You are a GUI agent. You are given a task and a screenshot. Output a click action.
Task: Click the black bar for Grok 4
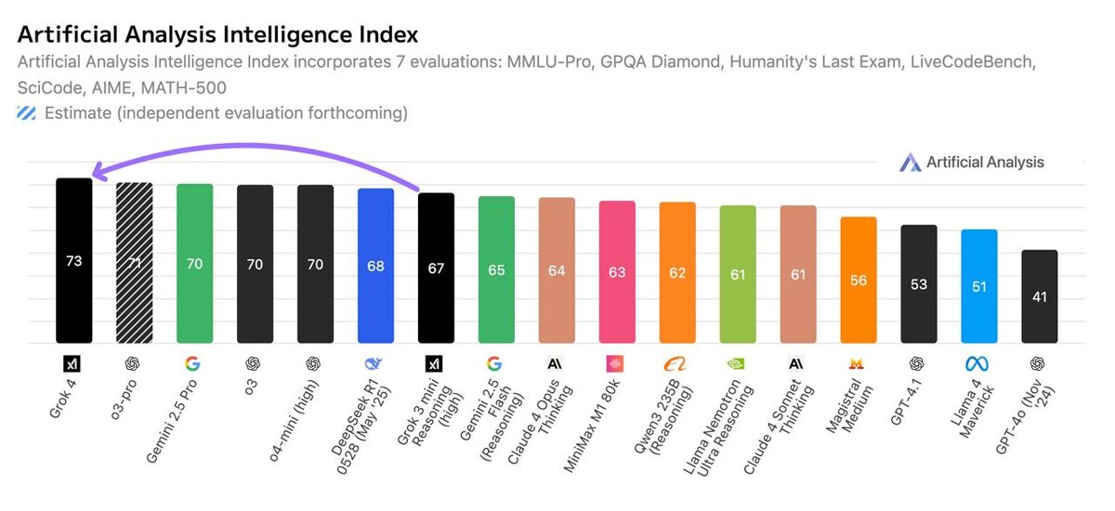tap(74, 260)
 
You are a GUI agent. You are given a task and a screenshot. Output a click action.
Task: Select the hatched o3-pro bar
tap(135, 263)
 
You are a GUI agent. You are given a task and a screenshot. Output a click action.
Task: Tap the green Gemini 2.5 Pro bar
tap(195, 263)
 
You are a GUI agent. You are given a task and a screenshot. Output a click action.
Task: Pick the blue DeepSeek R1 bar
tap(376, 266)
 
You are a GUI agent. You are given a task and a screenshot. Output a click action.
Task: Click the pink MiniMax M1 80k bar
tap(617, 272)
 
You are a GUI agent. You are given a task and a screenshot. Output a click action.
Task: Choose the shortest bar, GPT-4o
tap(1040, 297)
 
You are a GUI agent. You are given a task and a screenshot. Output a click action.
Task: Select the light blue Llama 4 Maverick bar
tap(979, 286)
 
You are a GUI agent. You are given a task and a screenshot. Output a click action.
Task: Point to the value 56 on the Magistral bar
tap(859, 280)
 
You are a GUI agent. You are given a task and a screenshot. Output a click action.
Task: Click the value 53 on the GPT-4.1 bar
tap(919, 284)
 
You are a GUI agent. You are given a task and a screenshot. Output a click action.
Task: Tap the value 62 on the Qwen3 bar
tap(677, 273)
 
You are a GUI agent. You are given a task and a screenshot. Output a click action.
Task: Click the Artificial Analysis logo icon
tap(910, 163)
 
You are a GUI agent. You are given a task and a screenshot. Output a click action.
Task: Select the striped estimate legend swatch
tap(27, 113)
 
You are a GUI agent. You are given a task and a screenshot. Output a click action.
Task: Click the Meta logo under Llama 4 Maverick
tap(979, 363)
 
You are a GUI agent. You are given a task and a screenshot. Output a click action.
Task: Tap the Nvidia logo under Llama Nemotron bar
tap(738, 363)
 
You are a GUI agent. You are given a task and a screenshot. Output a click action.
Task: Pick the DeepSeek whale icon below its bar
tap(376, 363)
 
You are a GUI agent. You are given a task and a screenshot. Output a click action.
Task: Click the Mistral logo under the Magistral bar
tap(859, 363)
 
